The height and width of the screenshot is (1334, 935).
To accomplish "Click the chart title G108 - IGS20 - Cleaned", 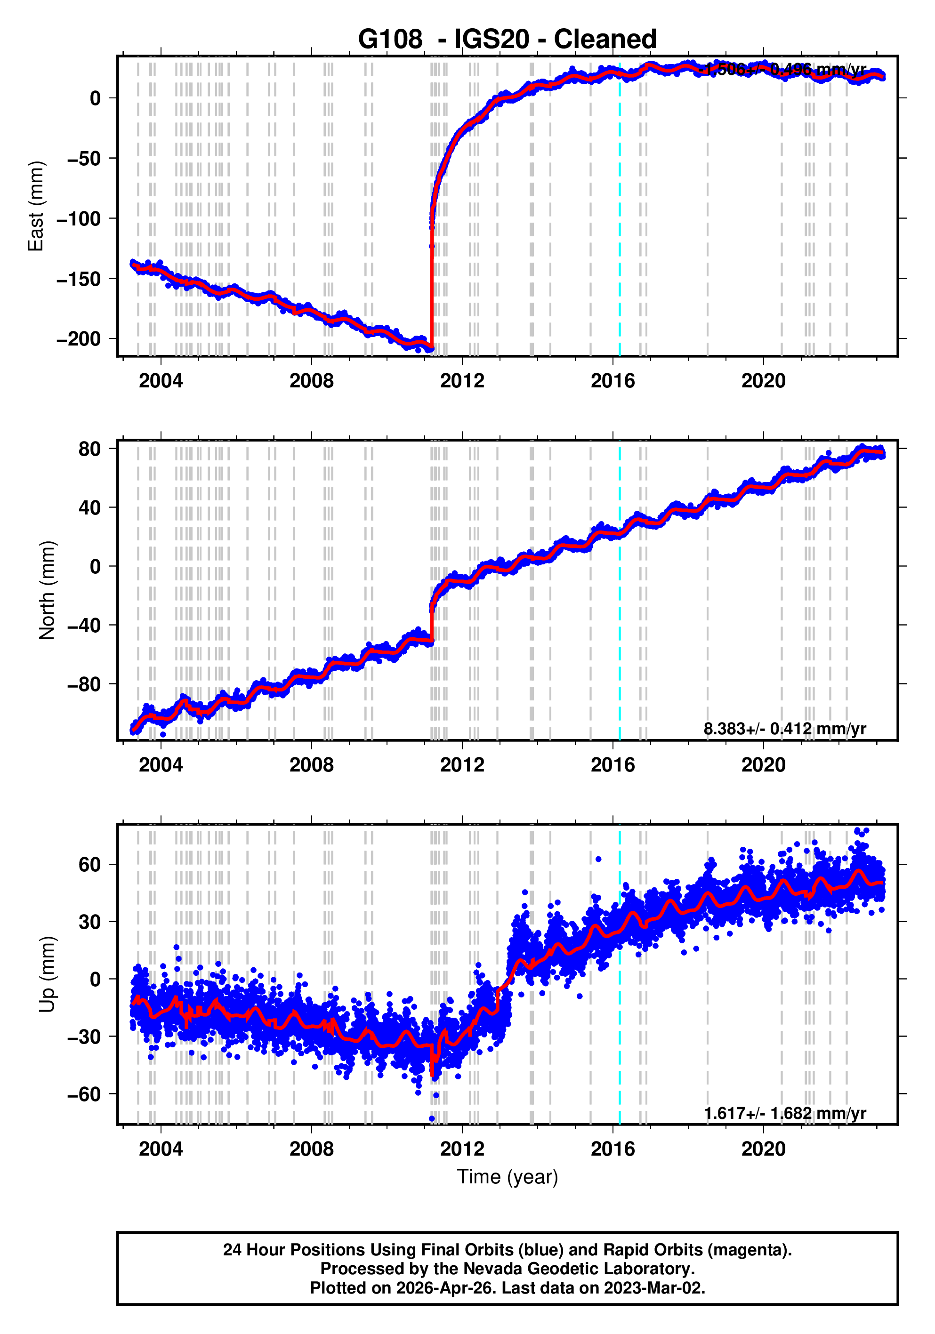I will pos(507,40).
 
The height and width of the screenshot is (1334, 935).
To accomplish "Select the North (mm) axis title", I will pos(47,590).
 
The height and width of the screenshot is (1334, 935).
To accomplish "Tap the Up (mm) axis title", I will pos(47,974).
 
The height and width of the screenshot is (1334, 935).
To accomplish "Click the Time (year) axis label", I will pos(508,1176).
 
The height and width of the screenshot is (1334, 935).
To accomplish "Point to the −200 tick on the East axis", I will pos(79,339).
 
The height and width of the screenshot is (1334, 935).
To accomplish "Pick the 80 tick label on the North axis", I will pos(90,449).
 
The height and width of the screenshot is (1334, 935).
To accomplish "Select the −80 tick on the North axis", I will pos(84,684).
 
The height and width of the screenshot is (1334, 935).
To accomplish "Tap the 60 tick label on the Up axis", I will pos(90,865).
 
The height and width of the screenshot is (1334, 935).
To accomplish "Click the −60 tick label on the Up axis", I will pos(84,1094).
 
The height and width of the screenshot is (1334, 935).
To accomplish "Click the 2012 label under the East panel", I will pos(462,381).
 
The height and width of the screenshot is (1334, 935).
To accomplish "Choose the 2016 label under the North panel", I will pos(613,765).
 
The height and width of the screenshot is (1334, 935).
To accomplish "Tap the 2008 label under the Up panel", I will pos(312,1149).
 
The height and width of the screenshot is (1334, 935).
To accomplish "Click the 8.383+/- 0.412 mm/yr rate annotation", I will pos(784,729).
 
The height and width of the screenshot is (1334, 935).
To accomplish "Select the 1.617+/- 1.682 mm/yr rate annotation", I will pos(784,1113).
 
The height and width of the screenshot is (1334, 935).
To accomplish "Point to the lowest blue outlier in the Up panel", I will pos(432,1118).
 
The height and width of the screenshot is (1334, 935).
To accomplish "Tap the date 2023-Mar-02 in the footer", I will pos(653,1287).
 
